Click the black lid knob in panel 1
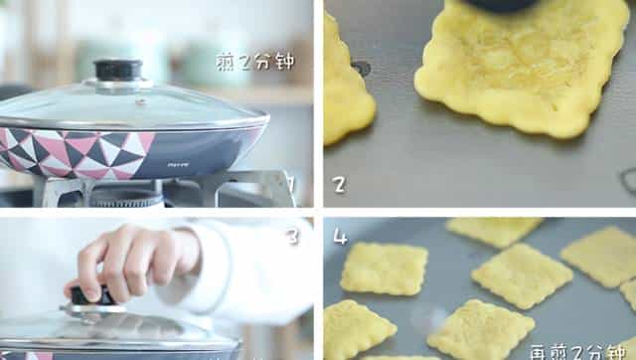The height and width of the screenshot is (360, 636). click(117, 71)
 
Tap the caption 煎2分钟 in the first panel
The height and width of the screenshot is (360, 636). click(255, 62)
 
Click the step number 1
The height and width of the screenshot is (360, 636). click(291, 183)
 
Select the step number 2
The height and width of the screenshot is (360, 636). click(340, 183)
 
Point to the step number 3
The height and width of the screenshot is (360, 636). click(291, 237)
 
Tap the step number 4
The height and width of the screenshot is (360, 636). click(340, 237)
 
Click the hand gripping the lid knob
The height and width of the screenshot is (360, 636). click(129, 261)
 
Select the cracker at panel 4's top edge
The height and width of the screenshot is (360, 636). click(494, 230)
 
